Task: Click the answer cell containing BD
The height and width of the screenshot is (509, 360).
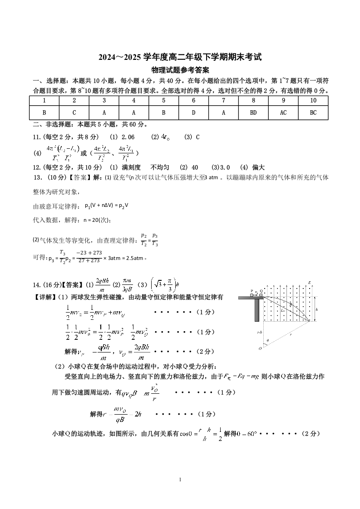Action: pos(253,113)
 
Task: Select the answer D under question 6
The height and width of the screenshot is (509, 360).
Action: pos(193,113)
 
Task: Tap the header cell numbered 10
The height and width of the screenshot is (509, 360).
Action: pos(313,100)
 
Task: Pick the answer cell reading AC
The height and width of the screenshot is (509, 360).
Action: pos(283,113)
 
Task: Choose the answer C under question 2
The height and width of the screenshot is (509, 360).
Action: pos(74,113)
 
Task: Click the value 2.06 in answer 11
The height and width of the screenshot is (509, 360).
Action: pos(128,137)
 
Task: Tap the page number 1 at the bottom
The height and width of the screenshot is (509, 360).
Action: pos(180,480)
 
